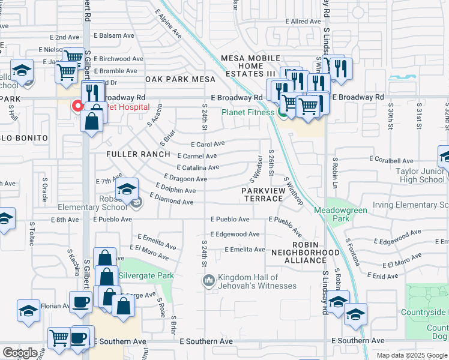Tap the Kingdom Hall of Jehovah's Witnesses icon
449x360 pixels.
209,280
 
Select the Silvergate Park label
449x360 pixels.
146,275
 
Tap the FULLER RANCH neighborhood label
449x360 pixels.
138,154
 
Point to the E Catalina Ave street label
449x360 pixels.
197,168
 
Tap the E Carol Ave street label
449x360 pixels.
208,144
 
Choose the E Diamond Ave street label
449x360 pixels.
172,200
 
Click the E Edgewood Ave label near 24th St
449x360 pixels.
235,234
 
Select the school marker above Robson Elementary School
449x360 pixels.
127,190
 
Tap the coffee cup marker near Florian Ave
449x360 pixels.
80,302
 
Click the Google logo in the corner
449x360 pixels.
20,353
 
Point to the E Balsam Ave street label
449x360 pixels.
113,36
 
